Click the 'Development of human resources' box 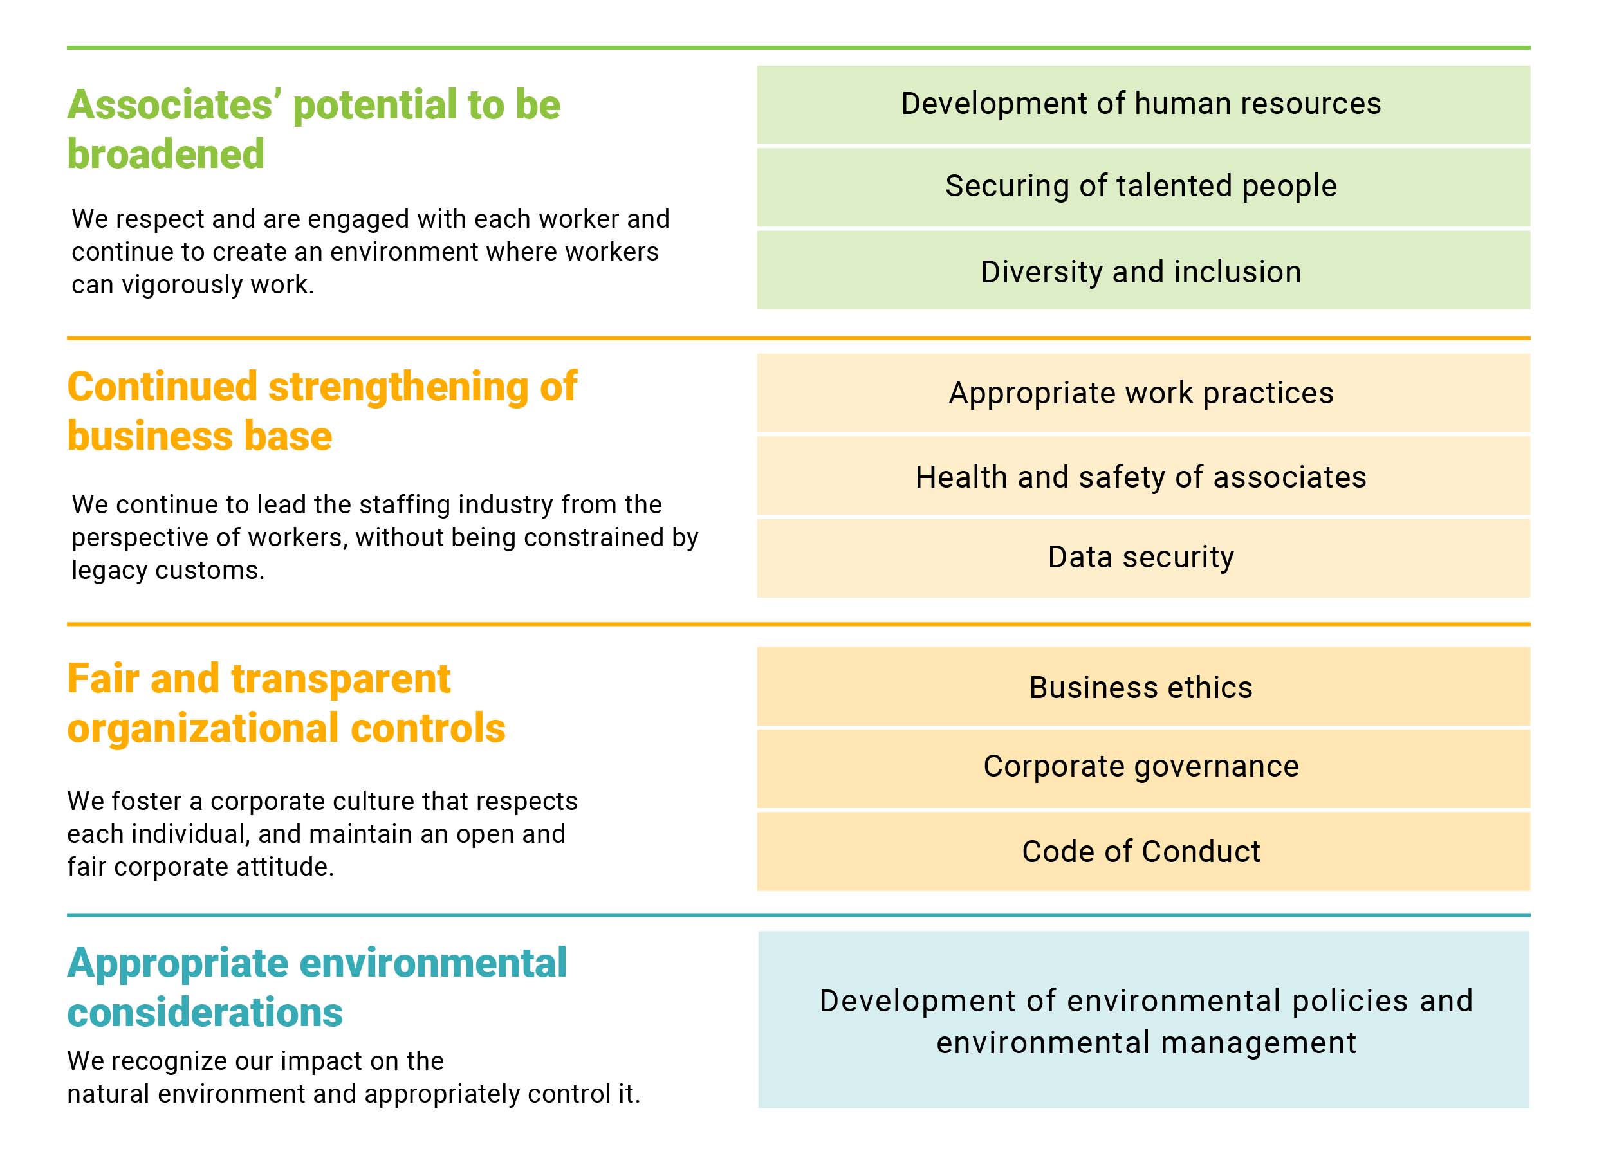coord(1143,105)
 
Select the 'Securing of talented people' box coord(1143,187)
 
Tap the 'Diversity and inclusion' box coord(1143,270)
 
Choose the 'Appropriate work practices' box coord(1143,393)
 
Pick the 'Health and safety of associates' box coord(1143,476)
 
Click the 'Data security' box coord(1143,558)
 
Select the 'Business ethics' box coord(1143,686)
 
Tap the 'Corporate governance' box coord(1143,769)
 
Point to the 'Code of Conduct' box coord(1143,852)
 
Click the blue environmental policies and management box coord(1143,1020)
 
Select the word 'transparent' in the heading coord(340,680)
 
